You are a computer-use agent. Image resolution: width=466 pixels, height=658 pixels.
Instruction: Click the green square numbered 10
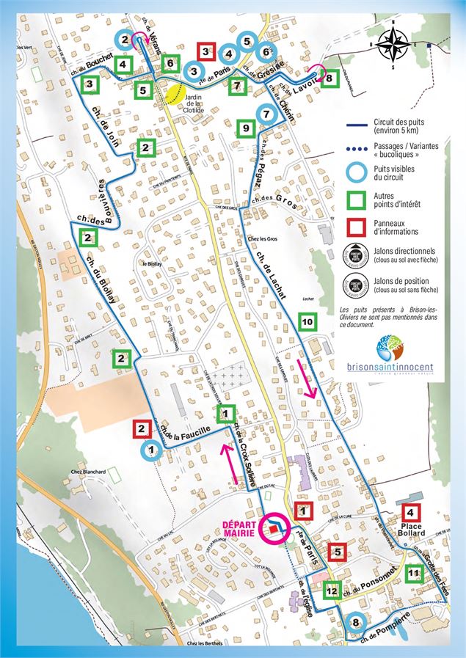click(307, 321)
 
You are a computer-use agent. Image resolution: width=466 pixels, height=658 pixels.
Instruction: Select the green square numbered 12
click(332, 590)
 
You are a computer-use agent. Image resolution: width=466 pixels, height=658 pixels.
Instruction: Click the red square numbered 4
click(410, 513)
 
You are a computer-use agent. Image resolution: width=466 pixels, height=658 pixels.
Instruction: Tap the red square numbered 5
click(338, 552)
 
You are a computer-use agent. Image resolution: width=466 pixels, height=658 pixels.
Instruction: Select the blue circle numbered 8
click(355, 623)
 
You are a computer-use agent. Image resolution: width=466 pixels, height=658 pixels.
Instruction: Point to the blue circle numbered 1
click(150, 450)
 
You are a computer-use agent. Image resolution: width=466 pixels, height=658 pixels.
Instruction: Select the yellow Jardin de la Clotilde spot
click(175, 94)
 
